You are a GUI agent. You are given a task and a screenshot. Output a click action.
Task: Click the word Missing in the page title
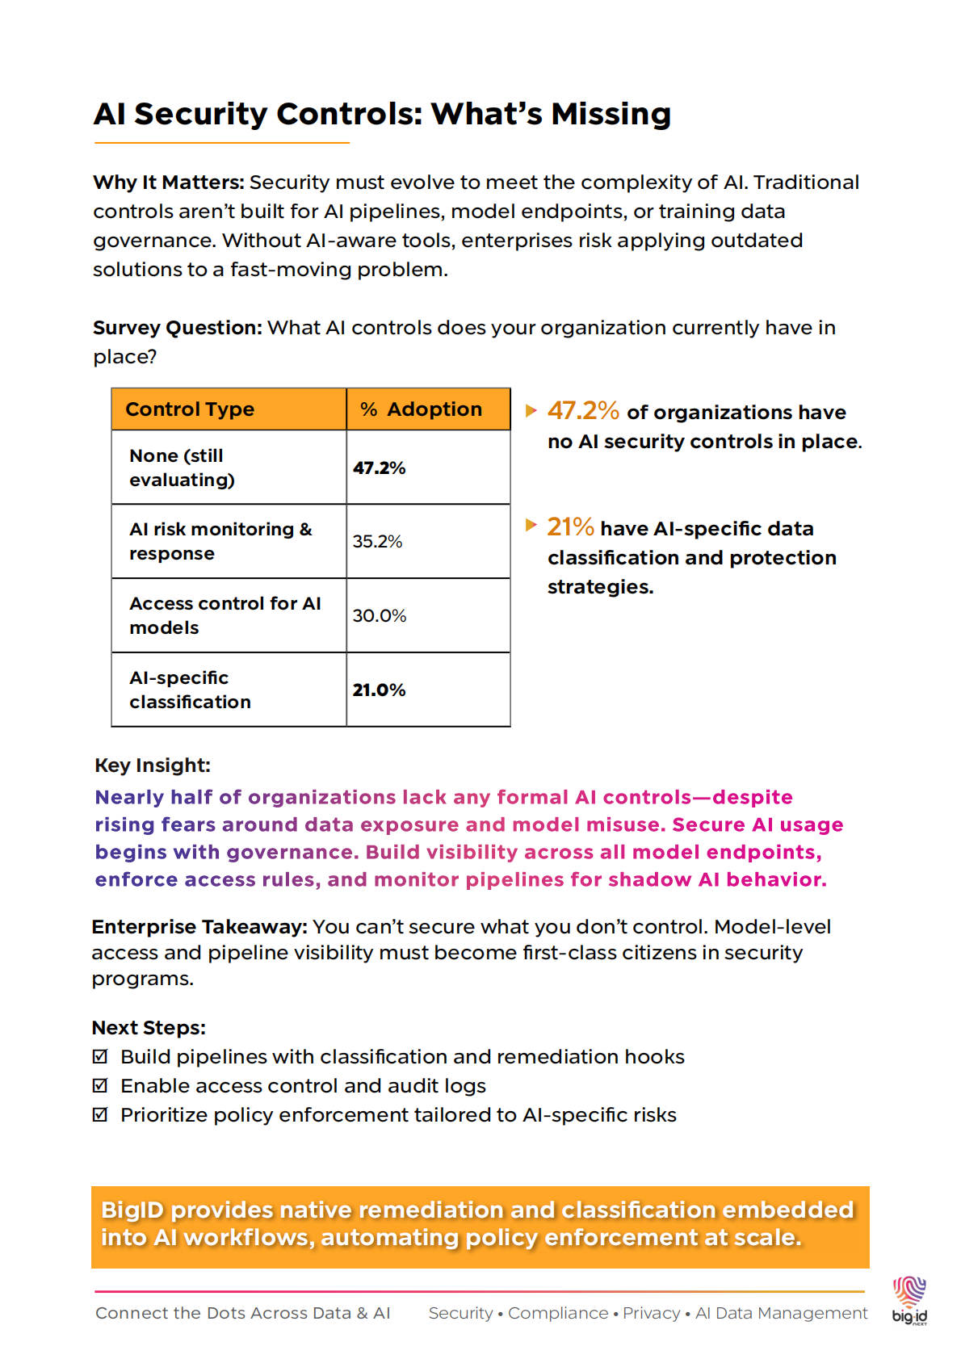point(611,115)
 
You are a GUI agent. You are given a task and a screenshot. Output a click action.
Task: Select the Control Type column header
point(190,409)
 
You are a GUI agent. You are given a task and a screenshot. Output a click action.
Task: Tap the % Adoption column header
point(421,409)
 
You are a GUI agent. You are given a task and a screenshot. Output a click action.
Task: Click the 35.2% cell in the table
point(377,542)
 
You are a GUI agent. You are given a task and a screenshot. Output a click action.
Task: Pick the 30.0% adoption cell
point(380,616)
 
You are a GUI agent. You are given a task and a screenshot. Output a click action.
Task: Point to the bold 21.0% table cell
point(379,690)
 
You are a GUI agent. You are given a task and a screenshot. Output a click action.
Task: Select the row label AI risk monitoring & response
point(220,542)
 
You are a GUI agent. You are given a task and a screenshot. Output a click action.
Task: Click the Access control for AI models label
point(225,616)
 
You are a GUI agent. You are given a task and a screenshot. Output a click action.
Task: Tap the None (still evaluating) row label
point(182,468)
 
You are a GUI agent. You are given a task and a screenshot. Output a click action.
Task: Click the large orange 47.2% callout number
point(583,411)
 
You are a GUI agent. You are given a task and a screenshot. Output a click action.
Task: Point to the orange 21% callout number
point(570,527)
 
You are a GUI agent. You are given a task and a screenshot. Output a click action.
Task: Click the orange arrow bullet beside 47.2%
point(531,410)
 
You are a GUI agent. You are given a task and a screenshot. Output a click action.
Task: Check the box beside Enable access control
point(100,1085)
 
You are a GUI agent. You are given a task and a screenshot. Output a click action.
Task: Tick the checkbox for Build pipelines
point(100,1056)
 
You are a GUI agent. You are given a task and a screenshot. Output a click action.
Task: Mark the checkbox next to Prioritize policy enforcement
point(100,1114)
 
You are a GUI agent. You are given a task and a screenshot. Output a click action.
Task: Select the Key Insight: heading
point(153,765)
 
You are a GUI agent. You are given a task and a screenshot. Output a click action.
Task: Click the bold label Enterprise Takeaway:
point(199,927)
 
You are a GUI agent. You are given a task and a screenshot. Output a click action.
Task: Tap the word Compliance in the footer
point(558,1313)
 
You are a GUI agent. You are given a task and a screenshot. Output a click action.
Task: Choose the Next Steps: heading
point(149,1028)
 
